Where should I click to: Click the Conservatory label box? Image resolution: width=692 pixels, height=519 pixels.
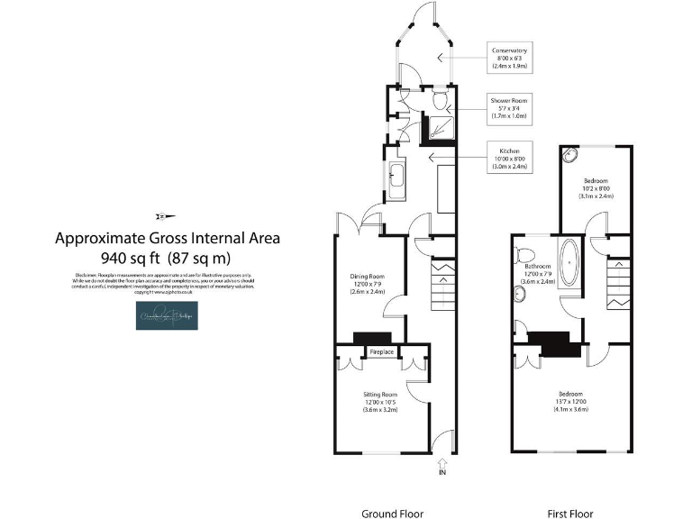[510, 57]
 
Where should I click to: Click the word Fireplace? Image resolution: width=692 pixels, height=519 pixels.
[381, 352]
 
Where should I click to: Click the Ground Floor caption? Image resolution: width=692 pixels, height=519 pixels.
[392, 514]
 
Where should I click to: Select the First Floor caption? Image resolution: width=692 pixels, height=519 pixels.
[570, 514]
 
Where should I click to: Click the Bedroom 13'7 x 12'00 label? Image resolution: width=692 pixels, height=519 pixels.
[570, 402]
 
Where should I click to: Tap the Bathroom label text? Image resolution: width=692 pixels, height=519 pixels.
[538, 273]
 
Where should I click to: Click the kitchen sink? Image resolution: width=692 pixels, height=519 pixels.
[396, 178]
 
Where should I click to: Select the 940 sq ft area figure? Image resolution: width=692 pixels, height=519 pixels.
[168, 257]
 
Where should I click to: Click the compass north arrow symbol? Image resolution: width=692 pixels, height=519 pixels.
[168, 215]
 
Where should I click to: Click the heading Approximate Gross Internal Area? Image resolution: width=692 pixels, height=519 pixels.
[168, 238]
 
